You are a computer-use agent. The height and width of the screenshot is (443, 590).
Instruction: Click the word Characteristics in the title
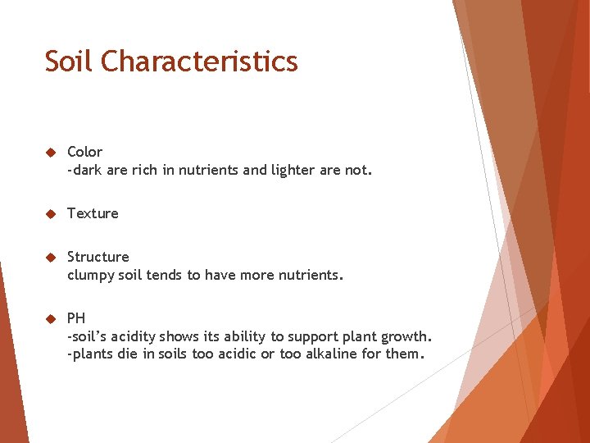pos(199,62)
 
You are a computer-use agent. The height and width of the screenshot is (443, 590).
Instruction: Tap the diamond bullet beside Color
pos(49,153)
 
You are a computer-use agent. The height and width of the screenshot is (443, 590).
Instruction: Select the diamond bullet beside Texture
pos(49,214)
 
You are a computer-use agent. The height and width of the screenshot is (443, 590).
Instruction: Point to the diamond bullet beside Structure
pos(49,258)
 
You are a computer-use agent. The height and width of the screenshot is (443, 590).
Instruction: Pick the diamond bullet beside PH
pos(49,318)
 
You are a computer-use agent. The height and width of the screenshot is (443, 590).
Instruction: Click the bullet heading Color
pos(84,152)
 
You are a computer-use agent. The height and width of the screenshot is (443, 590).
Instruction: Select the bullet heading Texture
pos(93,213)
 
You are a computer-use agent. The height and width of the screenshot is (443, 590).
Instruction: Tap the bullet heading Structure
pos(98,257)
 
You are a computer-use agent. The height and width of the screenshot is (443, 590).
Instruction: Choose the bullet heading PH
pos(75,318)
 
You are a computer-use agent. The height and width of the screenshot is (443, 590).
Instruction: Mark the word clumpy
pos(92,276)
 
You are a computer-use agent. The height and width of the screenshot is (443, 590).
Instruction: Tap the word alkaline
pos(335,355)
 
